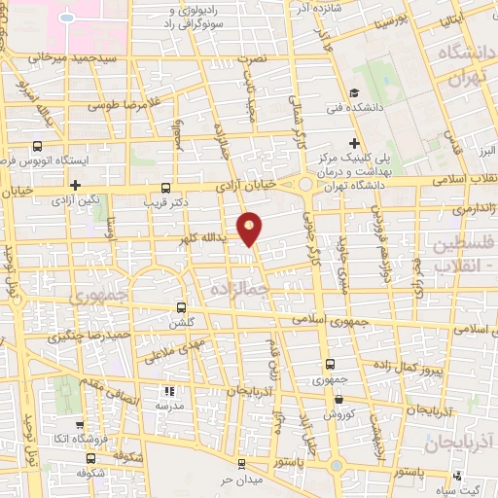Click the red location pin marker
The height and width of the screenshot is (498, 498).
coord(251,228)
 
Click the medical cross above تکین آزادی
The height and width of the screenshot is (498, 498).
coord(74,184)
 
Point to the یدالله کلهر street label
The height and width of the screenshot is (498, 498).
coord(202,236)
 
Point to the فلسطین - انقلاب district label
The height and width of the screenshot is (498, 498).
coord(462,252)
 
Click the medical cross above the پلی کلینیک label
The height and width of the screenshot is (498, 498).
coord(354,143)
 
